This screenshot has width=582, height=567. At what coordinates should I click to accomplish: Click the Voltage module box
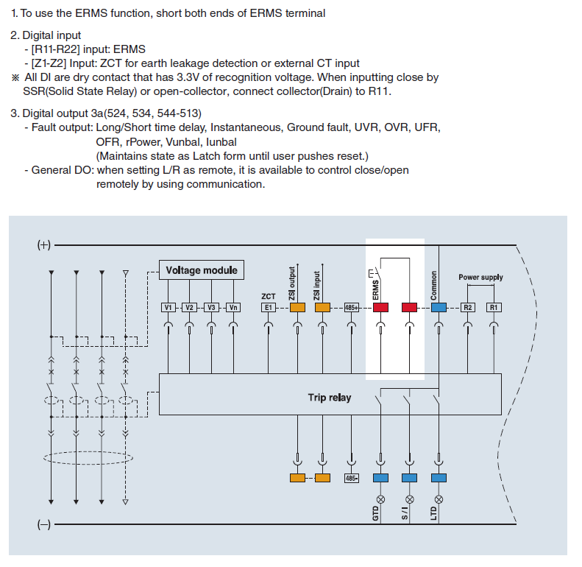pos(202,270)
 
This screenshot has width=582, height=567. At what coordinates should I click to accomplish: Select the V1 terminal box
pos(168,307)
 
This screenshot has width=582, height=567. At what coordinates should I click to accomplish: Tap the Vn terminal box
pos(233,307)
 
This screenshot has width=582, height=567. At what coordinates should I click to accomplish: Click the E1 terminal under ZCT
pos(269,307)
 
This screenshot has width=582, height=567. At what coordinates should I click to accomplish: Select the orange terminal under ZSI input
pos(323,307)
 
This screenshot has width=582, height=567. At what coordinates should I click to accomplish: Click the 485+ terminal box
pos(352,307)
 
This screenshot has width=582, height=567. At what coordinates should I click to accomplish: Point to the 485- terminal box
pos(352,478)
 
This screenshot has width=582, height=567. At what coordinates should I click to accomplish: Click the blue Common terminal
pos(439,307)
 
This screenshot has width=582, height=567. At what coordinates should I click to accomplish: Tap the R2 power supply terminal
pos(468,307)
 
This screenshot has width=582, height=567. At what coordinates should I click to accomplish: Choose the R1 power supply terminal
pos(494,307)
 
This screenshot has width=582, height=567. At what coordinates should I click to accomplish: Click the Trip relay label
pos(330,398)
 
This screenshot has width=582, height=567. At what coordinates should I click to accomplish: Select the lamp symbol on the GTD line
pos(380,500)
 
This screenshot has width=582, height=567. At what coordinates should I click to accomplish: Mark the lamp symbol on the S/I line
pos(410,500)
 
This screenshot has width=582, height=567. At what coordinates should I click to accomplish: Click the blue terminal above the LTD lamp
pos(439,478)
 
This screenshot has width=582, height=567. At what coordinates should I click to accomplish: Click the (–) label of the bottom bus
pos(44,525)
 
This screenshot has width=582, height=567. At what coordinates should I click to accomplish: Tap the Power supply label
pos(480,278)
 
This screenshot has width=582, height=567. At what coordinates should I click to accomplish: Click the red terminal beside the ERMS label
pos(380,307)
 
